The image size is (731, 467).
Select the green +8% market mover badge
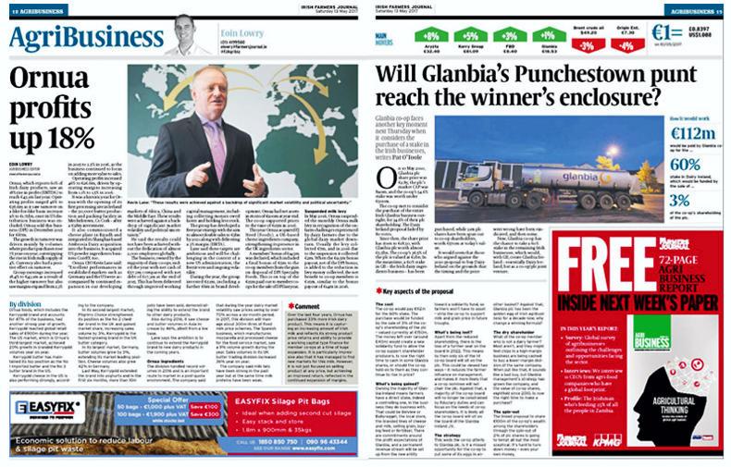tap(433, 36)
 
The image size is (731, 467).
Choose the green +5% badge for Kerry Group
tap(476, 36)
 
